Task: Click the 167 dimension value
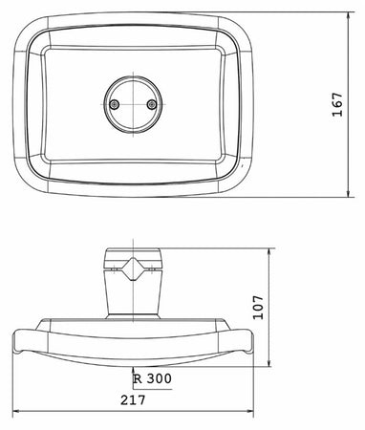pyautogui.click(x=337, y=104)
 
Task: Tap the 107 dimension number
pyautogui.click(x=258, y=308)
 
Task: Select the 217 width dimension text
pyautogui.click(x=133, y=400)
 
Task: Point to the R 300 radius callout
pyautogui.click(x=153, y=378)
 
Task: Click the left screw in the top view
pyautogui.click(x=114, y=104)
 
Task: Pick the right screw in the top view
pyautogui.click(x=152, y=104)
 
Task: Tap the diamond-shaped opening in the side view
pyautogui.click(x=133, y=269)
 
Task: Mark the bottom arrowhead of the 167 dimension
pyautogui.click(x=349, y=193)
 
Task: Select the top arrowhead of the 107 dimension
pyautogui.click(x=269, y=252)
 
